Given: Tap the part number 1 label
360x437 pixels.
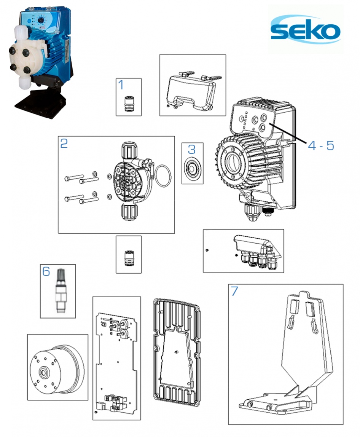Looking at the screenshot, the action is pyautogui.click(x=121, y=85).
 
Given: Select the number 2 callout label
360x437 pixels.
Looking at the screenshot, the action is pyautogui.click(x=64, y=143).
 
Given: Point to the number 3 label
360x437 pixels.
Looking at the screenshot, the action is pyautogui.click(x=192, y=150).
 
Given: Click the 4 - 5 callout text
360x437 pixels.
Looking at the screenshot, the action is pyautogui.click(x=321, y=145).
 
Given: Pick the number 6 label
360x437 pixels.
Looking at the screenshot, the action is pyautogui.click(x=46, y=271).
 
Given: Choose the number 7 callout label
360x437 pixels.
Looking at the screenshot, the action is pyautogui.click(x=235, y=291).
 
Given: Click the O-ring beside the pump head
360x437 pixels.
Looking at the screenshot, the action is pyautogui.click(x=163, y=176).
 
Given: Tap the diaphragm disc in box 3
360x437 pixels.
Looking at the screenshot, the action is pyautogui.click(x=193, y=169).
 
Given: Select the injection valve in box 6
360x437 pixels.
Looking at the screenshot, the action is pyautogui.click(x=60, y=291).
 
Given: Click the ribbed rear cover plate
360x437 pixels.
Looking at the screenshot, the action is pyautogui.click(x=177, y=352).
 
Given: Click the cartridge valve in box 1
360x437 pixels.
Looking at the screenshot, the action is pyautogui.click(x=129, y=104).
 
